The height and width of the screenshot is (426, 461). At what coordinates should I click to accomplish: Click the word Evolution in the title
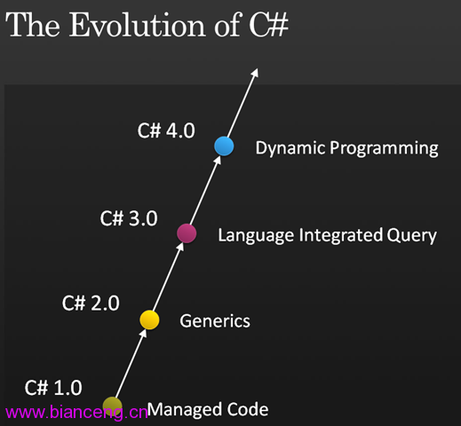click(x=138, y=25)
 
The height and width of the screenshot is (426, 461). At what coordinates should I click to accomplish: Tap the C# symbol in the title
click(x=268, y=25)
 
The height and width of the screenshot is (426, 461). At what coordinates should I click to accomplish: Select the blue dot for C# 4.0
click(x=224, y=146)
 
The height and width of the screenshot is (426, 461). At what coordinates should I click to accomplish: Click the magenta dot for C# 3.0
click(x=187, y=233)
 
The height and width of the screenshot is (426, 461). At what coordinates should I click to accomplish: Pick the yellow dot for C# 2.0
click(x=149, y=319)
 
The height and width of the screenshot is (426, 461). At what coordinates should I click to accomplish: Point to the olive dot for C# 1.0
click(x=113, y=406)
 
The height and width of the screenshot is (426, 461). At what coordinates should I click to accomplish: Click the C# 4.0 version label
click(x=166, y=130)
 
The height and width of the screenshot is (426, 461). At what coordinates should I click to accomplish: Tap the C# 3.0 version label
click(x=129, y=218)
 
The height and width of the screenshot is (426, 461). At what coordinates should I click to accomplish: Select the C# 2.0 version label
click(x=91, y=303)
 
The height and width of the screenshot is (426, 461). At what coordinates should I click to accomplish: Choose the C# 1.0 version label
click(x=53, y=388)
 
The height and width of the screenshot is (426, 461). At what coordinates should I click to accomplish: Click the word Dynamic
click(x=290, y=148)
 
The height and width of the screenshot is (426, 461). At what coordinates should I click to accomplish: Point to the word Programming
click(x=384, y=148)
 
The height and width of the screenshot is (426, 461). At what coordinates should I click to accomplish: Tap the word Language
click(x=256, y=236)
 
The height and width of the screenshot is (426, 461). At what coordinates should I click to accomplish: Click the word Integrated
click(x=340, y=236)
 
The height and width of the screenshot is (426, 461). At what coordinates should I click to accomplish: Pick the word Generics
click(x=215, y=321)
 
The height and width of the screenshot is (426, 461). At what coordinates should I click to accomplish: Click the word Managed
click(x=185, y=410)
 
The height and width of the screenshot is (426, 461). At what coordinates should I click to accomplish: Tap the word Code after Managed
click(x=248, y=409)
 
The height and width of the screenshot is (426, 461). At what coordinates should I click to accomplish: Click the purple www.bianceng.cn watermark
click(x=76, y=412)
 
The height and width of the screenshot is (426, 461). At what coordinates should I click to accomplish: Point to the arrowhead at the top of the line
click(x=255, y=73)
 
